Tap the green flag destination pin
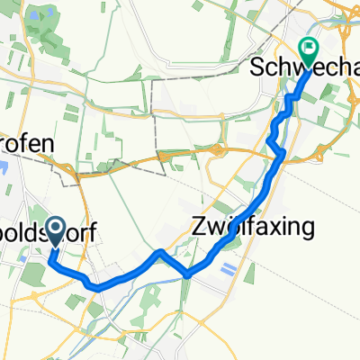coord(310,54)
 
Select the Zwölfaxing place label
coord(252,228)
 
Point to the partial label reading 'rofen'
coord(27,144)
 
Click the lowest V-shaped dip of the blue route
coord(188,274)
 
